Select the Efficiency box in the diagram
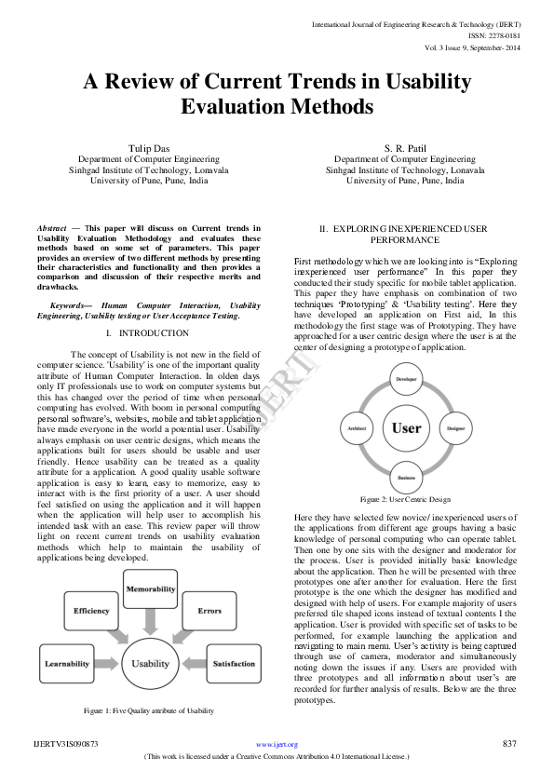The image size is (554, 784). pyautogui.click(x=92, y=611)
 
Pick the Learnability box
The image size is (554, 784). pyautogui.click(x=67, y=663)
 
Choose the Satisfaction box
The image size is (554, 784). pyautogui.click(x=234, y=663)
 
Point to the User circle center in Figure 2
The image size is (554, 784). pyautogui.click(x=406, y=428)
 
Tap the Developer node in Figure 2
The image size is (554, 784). pyautogui.click(x=406, y=381)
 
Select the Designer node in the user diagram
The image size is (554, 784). pyautogui.click(x=456, y=428)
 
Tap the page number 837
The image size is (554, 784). pyautogui.click(x=508, y=744)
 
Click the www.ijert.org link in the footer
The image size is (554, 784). pyautogui.click(x=277, y=745)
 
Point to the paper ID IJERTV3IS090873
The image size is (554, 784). pyautogui.click(x=65, y=744)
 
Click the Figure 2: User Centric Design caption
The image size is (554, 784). pyautogui.click(x=406, y=500)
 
